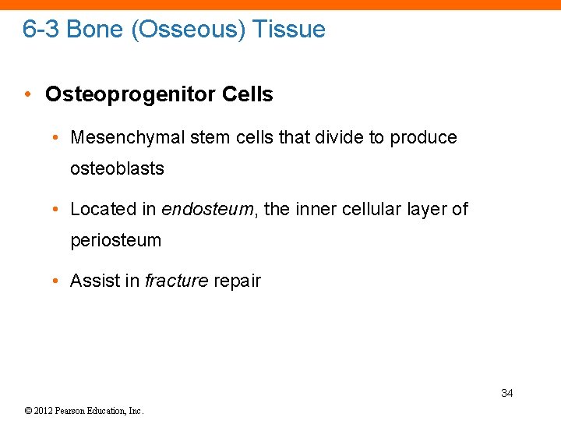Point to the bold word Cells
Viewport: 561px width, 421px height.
pyautogui.click(x=248, y=95)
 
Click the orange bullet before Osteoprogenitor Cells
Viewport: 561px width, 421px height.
pyautogui.click(x=28, y=95)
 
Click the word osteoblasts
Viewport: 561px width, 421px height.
pyautogui.click(x=117, y=169)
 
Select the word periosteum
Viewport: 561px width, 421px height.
pyautogui.click(x=116, y=241)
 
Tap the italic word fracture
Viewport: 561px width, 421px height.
pyautogui.click(x=175, y=281)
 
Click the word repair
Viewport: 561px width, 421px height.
pyautogui.click(x=236, y=281)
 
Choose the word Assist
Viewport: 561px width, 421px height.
pyautogui.click(x=93, y=281)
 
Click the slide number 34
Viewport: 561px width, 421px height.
pyautogui.click(x=506, y=393)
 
